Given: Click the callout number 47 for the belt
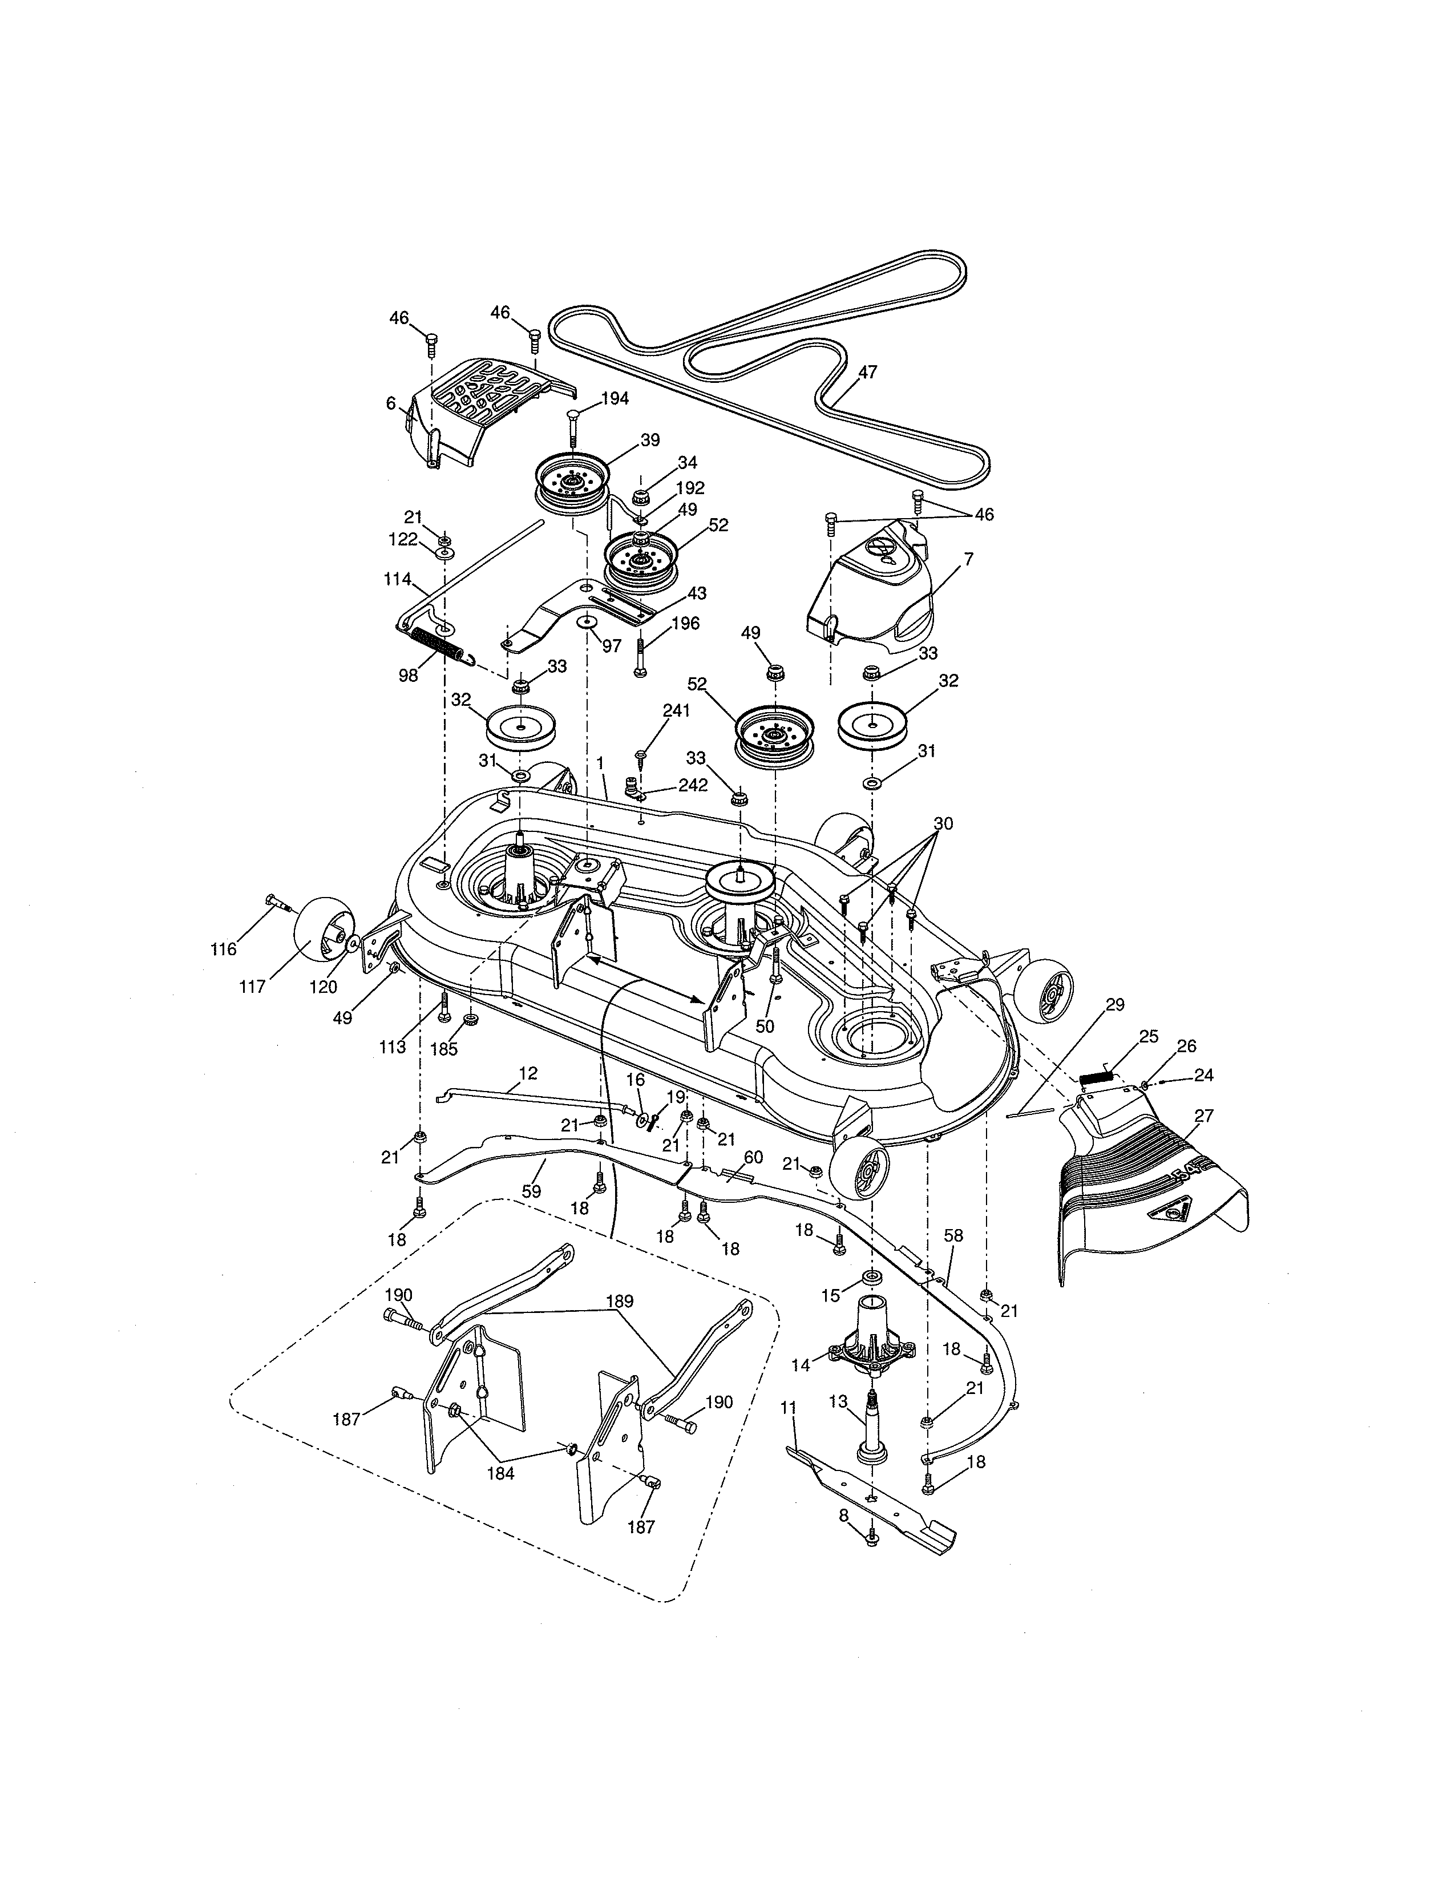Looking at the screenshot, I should click(867, 373).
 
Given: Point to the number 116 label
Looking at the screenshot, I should click(223, 949).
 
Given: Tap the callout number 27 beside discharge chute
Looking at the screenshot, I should click(1203, 1116).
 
